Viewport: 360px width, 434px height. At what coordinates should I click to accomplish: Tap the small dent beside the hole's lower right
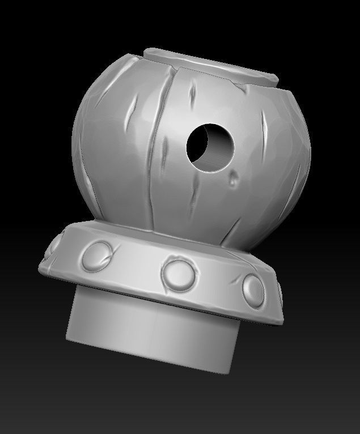pos(233,181)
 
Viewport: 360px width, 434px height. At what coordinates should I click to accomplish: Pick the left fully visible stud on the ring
pos(96,255)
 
